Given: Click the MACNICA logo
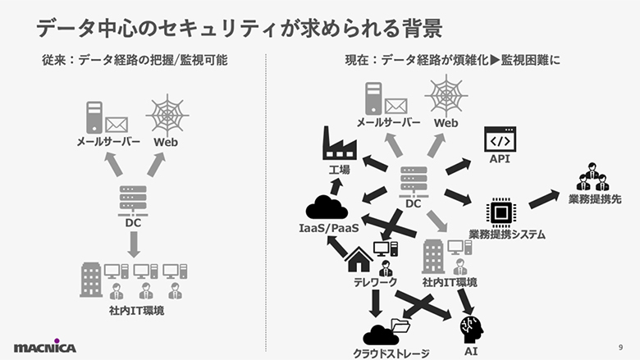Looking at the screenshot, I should click(44, 346).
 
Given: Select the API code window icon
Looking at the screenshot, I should click(499, 139).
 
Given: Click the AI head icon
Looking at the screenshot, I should click(471, 328).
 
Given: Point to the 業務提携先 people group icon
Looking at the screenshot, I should click(593, 177).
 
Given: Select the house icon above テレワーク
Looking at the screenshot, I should click(359, 259).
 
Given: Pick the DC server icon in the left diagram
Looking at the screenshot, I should click(132, 198).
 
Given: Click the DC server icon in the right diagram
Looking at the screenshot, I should click(413, 180).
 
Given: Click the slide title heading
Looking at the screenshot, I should click(239, 27).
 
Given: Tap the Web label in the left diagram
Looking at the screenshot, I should click(165, 142).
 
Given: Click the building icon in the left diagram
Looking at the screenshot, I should click(90, 280).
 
